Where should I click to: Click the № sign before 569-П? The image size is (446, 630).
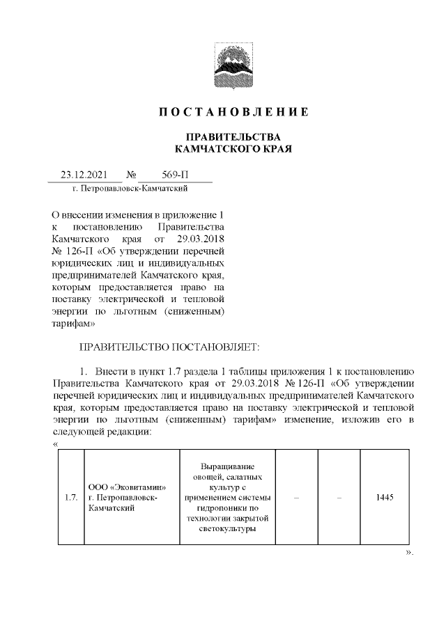tap(131, 175)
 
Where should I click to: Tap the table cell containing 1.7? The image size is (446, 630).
tap(70, 497)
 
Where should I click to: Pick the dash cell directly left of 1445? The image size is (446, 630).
tap(339, 497)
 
